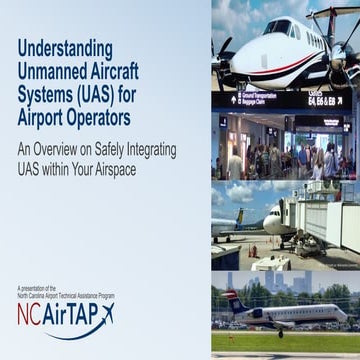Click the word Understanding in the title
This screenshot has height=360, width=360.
[63, 48]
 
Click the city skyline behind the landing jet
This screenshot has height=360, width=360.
[300, 285]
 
